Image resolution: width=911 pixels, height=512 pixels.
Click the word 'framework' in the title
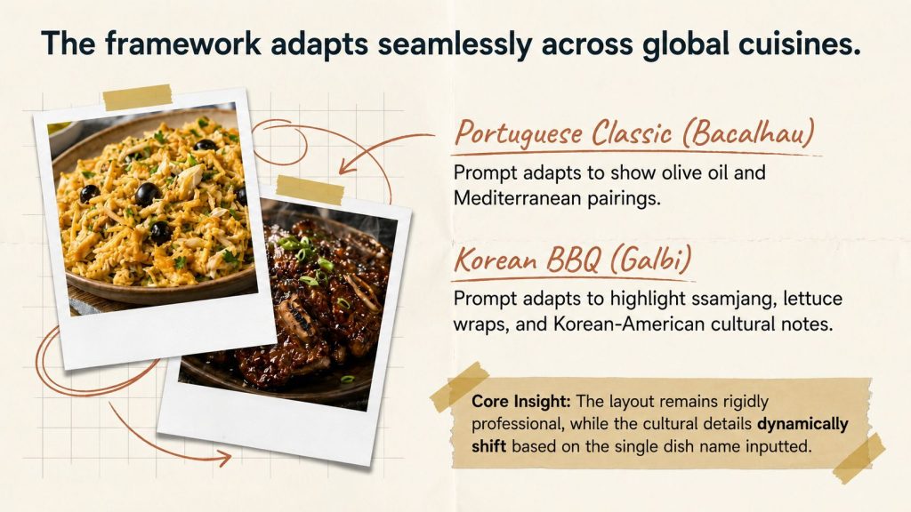point(183,44)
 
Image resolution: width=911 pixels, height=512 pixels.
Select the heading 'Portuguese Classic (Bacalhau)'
point(634,133)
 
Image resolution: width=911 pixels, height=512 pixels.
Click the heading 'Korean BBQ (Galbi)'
point(573,260)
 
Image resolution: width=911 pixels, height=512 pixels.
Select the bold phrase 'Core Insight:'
point(521,401)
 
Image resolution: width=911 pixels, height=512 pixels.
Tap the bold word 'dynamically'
point(802,424)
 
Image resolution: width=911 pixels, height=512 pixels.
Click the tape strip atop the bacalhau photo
point(138,97)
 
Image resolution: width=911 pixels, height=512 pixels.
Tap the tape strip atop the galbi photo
point(310,190)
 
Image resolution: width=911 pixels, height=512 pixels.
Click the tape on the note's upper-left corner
point(460,388)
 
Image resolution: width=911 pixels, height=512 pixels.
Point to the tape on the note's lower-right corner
point(859,459)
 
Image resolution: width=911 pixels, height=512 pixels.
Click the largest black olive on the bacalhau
point(147,194)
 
